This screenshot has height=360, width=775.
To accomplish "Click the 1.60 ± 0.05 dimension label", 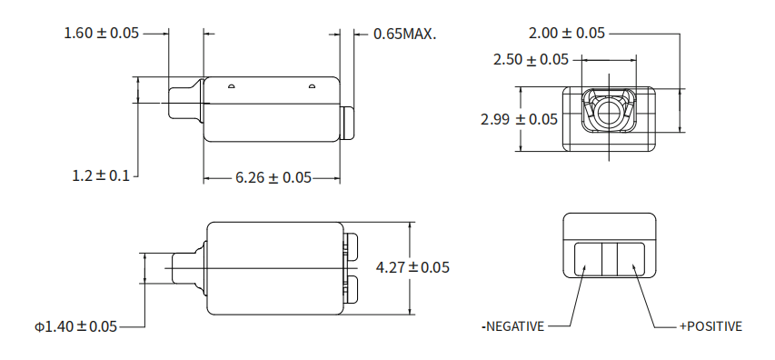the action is [102, 33].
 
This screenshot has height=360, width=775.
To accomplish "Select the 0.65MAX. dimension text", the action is [405, 34].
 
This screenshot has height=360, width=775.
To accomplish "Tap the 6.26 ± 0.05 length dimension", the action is [273, 177].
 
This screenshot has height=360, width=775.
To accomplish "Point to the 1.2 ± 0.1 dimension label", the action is [101, 175].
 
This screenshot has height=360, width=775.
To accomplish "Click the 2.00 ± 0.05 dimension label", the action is [566, 33].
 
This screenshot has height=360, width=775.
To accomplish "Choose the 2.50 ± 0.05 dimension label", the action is [531, 60].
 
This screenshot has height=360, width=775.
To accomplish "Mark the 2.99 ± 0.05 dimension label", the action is [519, 119].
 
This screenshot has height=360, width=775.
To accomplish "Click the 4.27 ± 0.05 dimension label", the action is [412, 267].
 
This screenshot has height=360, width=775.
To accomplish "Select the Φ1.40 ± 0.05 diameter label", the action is [75, 326].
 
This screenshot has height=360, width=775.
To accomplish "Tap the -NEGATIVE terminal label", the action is [512, 326].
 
